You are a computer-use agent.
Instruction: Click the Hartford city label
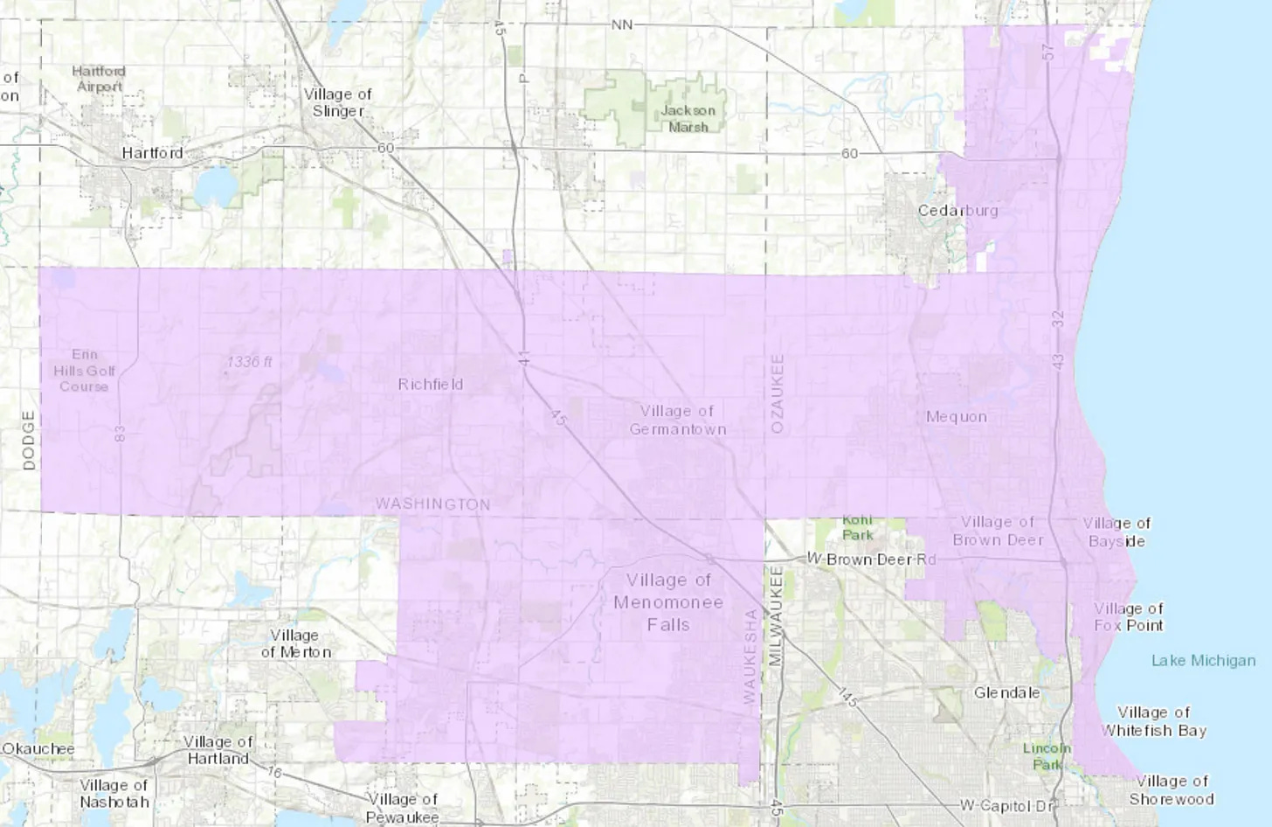tap(153, 153)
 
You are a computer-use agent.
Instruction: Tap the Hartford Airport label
tap(99, 79)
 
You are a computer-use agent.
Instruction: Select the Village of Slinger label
tap(337, 102)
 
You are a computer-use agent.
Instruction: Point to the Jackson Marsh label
tap(688, 118)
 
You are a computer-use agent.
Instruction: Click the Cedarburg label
tap(957, 211)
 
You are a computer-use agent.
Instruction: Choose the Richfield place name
tap(431, 385)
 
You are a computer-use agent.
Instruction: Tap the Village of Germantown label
tap(677, 420)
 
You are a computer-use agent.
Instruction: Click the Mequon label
tap(957, 417)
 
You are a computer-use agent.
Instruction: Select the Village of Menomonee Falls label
tap(668, 602)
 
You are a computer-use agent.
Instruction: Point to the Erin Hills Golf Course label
tap(84, 370)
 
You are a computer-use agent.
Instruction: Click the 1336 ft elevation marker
tap(249, 361)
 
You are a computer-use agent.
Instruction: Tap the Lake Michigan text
tap(1203, 661)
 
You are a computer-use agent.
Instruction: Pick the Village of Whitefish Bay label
tap(1153, 721)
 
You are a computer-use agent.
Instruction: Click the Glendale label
tap(1006, 692)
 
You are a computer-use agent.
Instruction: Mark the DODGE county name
tap(30, 441)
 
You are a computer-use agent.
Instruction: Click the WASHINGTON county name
tap(432, 504)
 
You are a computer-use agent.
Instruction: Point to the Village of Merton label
tap(295, 643)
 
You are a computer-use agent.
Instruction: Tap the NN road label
tap(621, 24)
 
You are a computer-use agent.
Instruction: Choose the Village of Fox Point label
tap(1129, 616)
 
